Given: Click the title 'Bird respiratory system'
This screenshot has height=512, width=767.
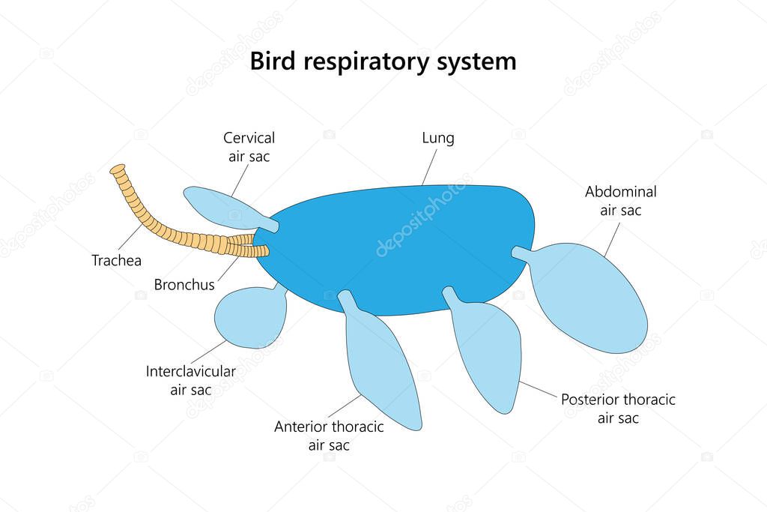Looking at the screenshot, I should coord(383,61).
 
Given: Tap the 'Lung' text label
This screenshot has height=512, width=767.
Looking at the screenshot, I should coord(438,138).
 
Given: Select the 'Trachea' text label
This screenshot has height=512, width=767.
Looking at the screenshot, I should coord(116,261).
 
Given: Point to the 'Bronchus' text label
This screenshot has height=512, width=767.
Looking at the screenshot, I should coord(184,285).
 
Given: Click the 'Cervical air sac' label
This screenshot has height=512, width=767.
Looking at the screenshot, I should coord(249,147).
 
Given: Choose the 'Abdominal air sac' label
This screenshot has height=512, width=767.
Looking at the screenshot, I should coord(621,201).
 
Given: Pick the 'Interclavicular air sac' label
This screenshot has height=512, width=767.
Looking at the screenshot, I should coord(191,380).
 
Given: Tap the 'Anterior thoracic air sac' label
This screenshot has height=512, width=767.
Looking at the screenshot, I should coord(329,436).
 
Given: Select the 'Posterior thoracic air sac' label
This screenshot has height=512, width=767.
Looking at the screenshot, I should coord(618,409).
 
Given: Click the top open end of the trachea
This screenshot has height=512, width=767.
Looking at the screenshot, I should coord(117,169).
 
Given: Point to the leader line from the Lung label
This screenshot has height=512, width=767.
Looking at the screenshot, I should coord(428,166).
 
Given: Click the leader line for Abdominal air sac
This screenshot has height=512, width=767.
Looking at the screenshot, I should coord(610,240).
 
